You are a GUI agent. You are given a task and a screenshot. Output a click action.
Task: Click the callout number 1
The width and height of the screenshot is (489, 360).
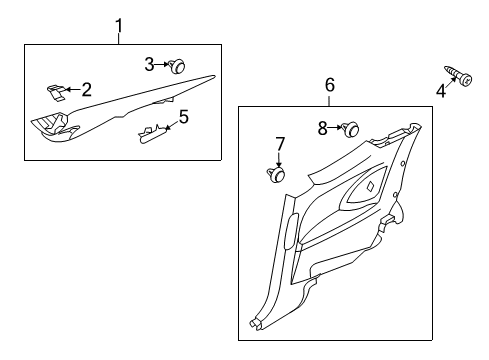(119, 24)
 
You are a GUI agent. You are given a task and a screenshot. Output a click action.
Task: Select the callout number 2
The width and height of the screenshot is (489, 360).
(87, 89)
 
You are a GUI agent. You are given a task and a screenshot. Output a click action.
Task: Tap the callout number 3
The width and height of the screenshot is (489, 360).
(150, 64)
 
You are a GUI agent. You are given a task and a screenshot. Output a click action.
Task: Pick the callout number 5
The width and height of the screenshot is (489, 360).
(183, 117)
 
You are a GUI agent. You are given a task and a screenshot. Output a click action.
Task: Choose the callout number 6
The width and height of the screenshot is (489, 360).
(330, 86)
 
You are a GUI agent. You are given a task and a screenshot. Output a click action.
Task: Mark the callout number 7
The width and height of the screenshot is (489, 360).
(281, 142)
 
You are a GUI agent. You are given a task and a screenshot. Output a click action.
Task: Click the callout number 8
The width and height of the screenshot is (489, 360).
(322, 127)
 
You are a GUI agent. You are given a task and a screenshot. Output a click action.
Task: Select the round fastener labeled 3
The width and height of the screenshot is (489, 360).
(177, 66)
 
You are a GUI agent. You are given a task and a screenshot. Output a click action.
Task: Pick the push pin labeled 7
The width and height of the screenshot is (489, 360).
(275, 175)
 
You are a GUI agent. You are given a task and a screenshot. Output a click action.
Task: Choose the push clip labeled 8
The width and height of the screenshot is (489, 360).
(350, 128)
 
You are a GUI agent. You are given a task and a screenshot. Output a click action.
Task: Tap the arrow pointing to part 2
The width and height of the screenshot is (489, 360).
(74, 89)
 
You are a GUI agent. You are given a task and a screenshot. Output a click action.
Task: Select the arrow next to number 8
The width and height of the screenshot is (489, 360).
(336, 127)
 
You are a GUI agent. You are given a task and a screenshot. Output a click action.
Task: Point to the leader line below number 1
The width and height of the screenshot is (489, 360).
(119, 38)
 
